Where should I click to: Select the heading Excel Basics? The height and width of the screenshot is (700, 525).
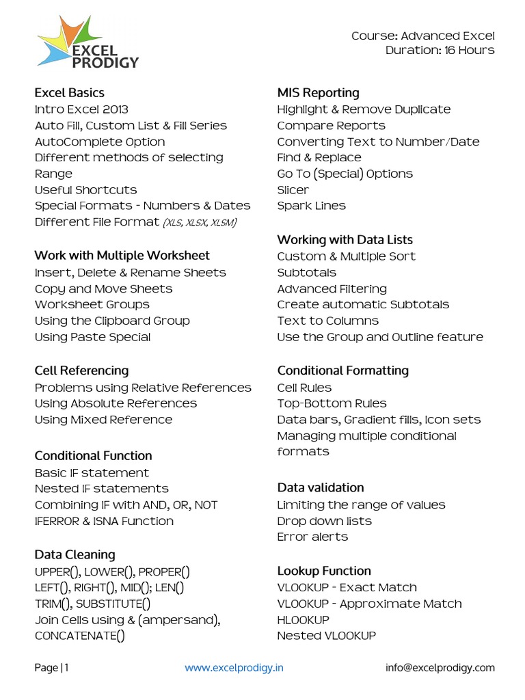point(69,92)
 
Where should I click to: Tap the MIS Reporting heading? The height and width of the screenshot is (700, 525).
point(318,92)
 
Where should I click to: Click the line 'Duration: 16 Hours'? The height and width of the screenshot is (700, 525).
point(440,50)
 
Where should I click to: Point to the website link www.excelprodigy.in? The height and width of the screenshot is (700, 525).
point(234,667)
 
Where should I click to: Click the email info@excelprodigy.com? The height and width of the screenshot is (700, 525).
point(440,667)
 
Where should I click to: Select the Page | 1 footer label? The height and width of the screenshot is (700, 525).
point(52,667)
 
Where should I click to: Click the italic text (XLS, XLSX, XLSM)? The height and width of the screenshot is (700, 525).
point(200,222)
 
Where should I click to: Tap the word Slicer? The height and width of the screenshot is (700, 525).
point(293,189)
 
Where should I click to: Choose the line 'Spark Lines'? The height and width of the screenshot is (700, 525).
point(311,206)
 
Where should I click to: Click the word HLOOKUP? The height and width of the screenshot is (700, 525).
point(303,619)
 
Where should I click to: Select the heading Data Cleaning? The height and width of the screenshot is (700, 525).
point(75,554)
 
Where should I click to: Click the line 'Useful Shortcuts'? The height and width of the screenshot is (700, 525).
point(85,189)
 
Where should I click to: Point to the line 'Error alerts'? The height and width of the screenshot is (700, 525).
point(312,537)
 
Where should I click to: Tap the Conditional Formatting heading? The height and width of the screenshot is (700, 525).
point(342,371)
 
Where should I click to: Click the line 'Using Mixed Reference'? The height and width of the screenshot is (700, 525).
point(103,420)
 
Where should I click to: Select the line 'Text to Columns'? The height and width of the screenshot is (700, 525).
point(327,321)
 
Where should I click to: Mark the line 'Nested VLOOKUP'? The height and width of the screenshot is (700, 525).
point(326,636)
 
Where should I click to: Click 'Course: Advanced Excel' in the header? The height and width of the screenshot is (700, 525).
point(422,36)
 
